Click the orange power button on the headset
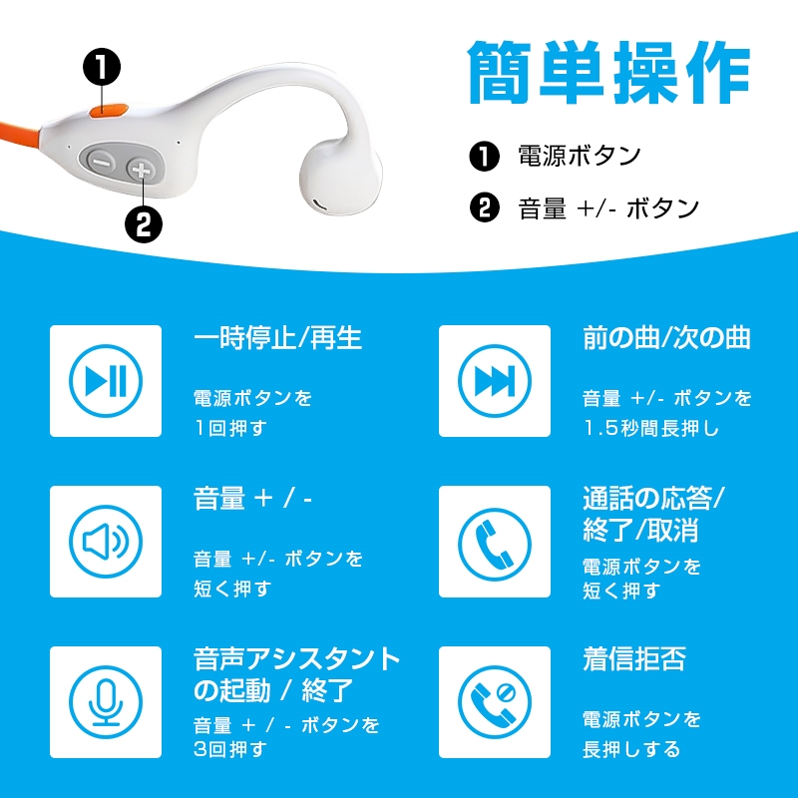click(108, 111)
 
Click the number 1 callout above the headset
click(102, 68)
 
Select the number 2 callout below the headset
click(144, 224)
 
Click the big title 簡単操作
click(609, 72)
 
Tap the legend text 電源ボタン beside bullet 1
click(580, 156)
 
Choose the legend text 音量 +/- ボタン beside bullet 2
click(608, 208)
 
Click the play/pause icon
click(106, 381)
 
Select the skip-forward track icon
click(495, 381)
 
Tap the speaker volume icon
click(106, 542)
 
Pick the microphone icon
click(106, 702)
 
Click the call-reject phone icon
click(495, 702)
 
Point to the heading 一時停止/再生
click(278, 338)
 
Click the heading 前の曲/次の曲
click(666, 338)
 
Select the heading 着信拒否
click(634, 659)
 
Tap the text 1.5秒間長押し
click(651, 429)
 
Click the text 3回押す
click(230, 749)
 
